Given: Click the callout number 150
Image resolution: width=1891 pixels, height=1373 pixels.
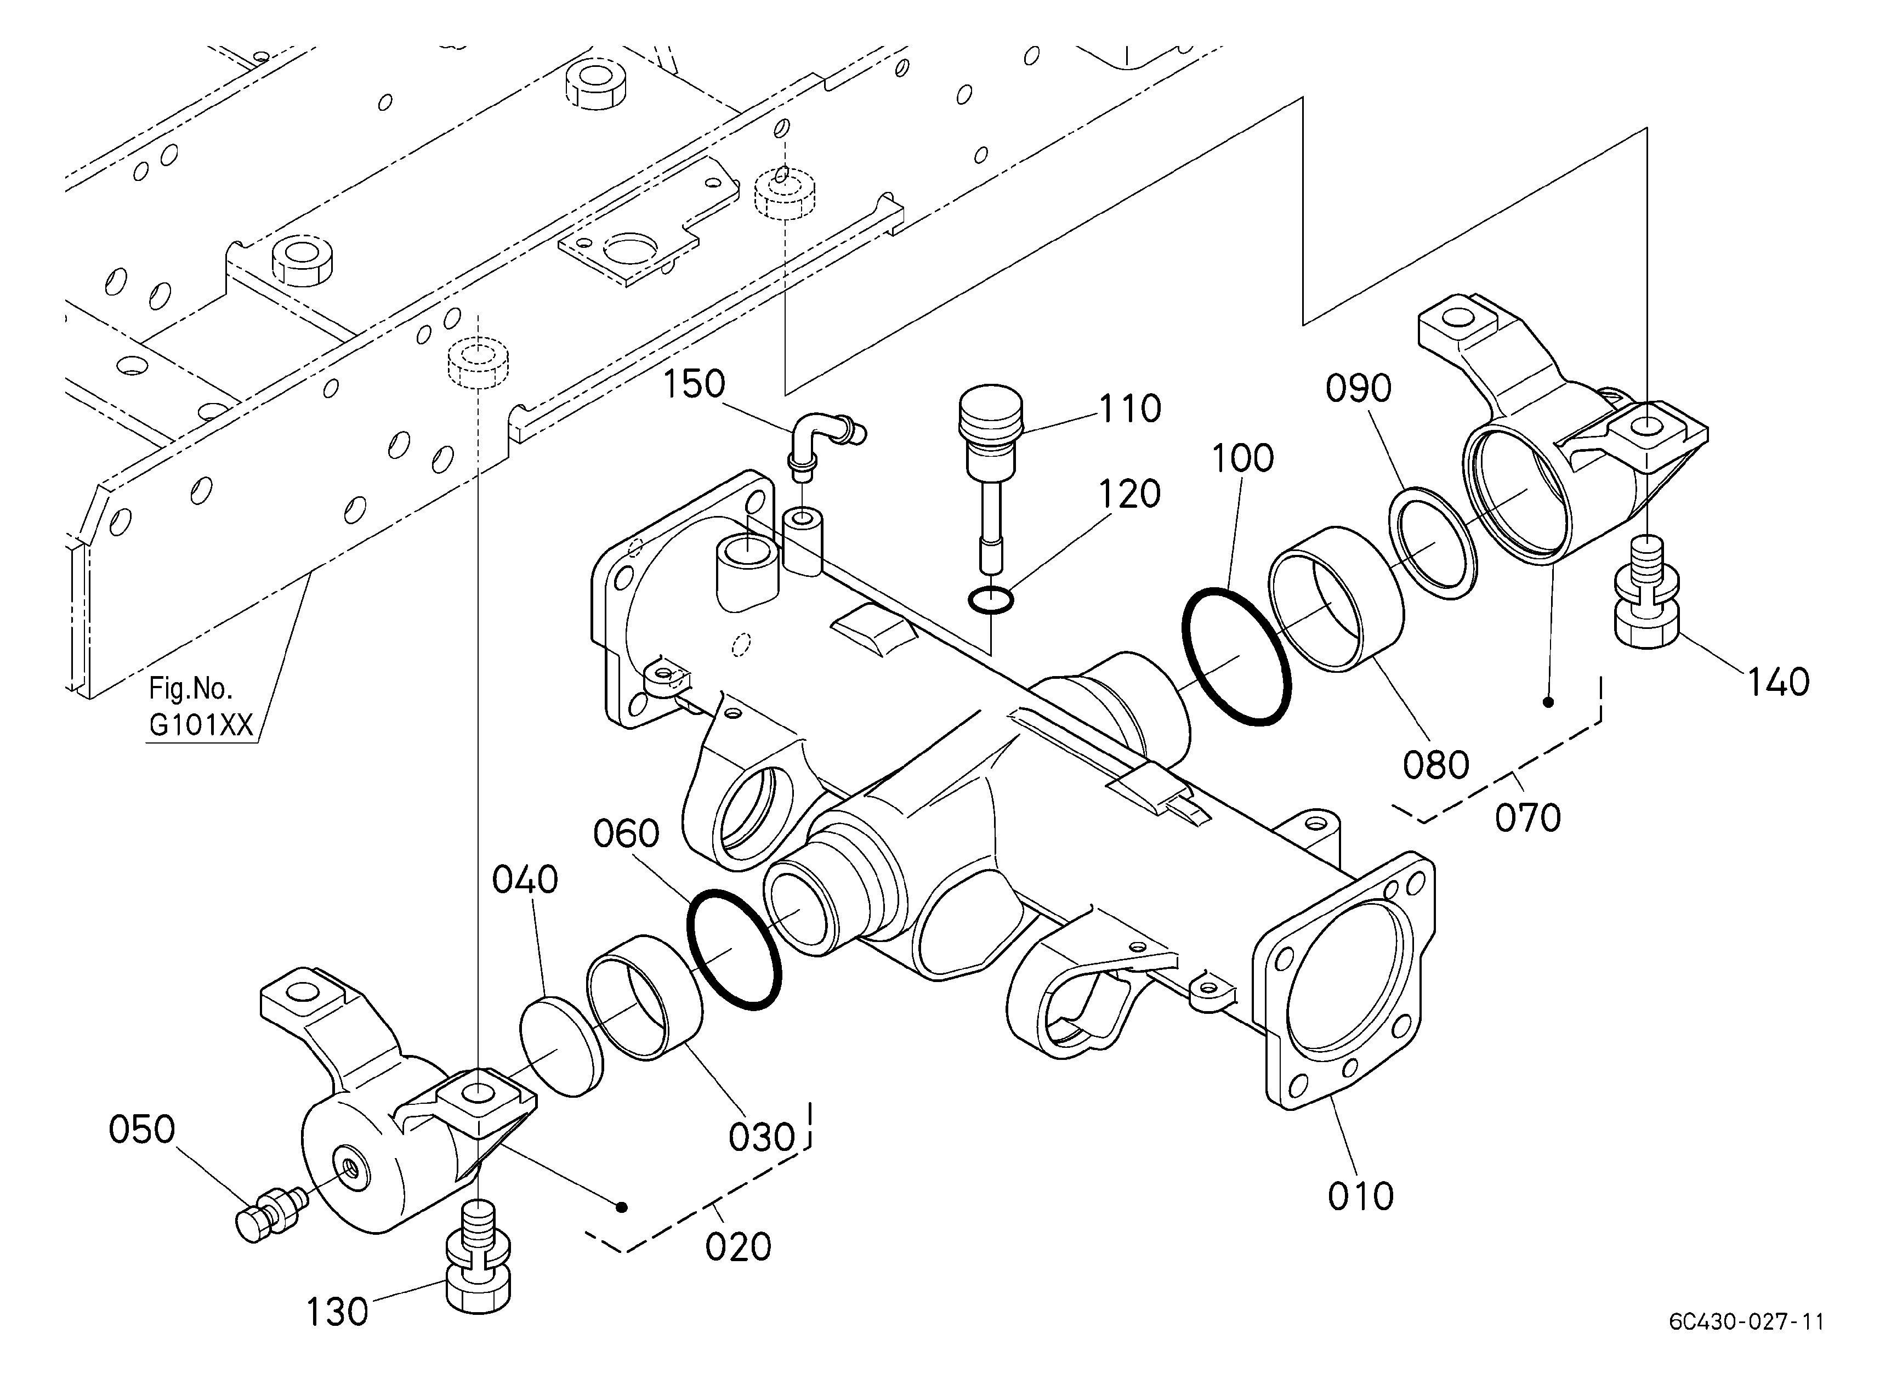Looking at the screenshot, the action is coord(694,384).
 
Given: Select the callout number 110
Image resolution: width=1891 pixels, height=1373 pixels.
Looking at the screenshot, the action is coord(1130,409).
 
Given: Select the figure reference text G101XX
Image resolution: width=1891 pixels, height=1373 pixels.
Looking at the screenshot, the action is coord(201,725).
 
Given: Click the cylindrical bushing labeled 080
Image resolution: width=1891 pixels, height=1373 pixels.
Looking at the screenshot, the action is coord(1335,599).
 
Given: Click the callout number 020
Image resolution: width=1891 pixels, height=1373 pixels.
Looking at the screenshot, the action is coord(738,1247).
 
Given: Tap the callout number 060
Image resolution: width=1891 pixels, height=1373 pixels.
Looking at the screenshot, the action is coord(626,833).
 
